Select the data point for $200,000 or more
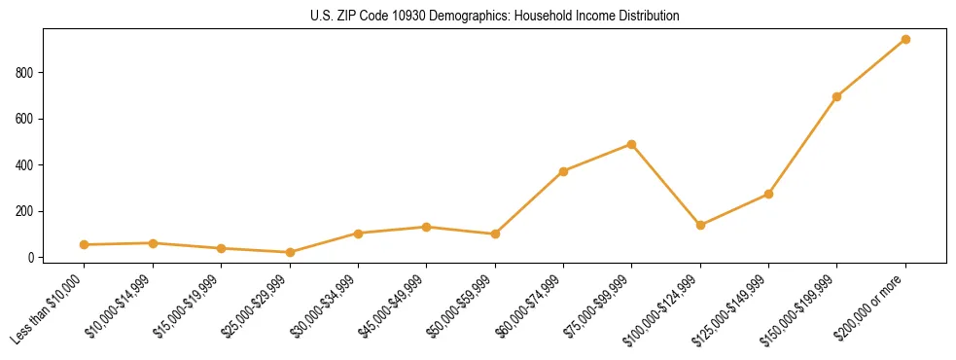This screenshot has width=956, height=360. (x=905, y=40)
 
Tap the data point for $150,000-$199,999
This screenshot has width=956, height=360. (x=836, y=97)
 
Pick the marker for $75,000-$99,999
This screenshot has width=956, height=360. (x=631, y=144)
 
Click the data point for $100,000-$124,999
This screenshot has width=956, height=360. (x=700, y=226)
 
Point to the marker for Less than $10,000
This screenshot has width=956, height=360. (x=85, y=245)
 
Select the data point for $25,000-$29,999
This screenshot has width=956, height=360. (x=290, y=253)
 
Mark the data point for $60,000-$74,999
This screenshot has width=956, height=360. (x=563, y=171)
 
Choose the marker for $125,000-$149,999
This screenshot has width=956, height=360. (x=768, y=194)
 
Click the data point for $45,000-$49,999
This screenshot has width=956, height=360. (x=426, y=227)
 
